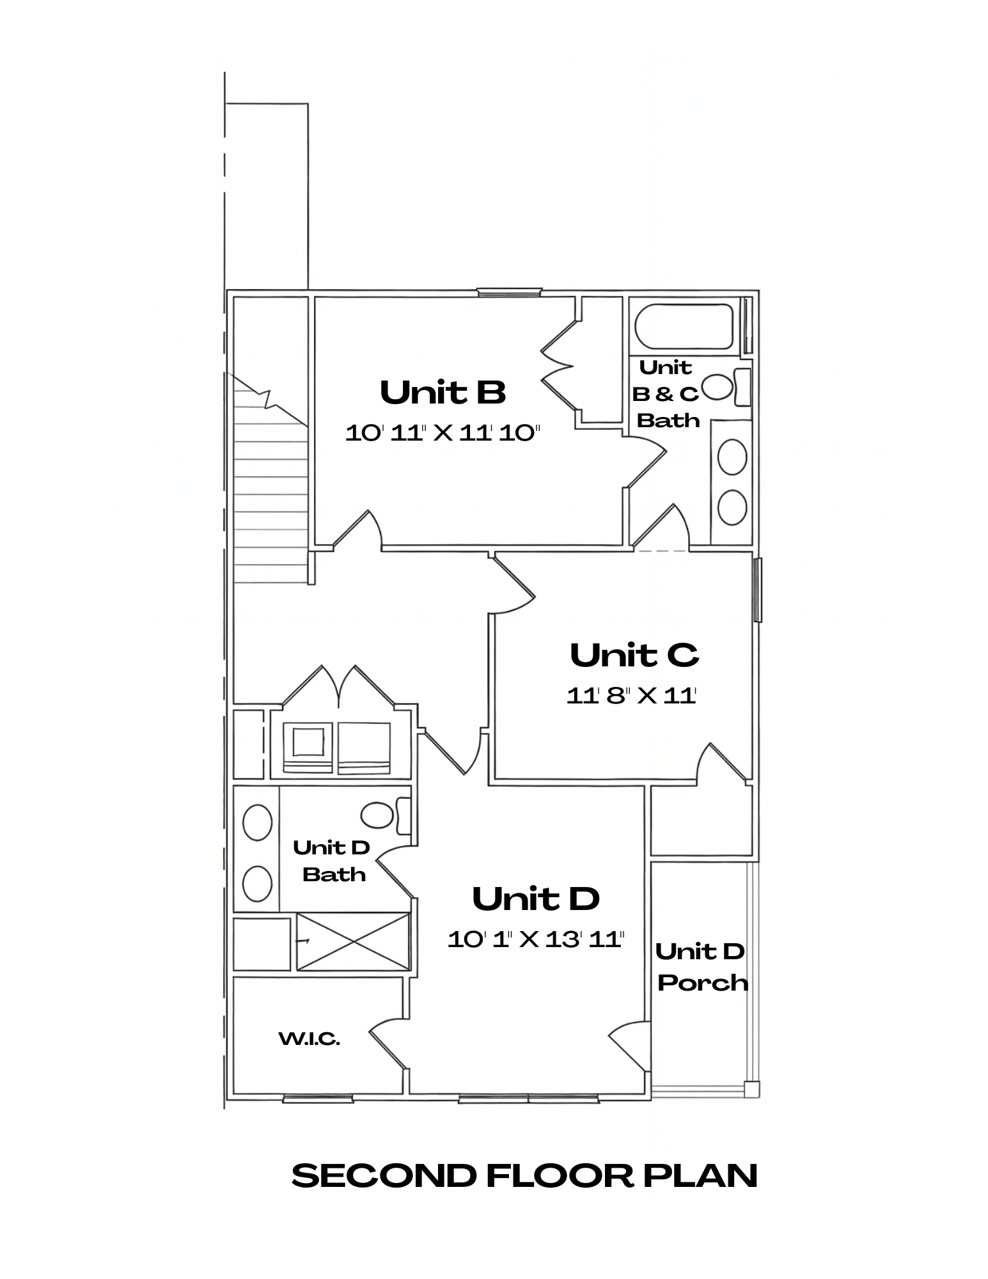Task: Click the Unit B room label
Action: [x=443, y=393]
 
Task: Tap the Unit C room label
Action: [x=634, y=655]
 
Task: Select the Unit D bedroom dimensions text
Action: [x=535, y=939]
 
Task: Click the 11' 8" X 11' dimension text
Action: [x=631, y=696]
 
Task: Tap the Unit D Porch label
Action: [x=702, y=967]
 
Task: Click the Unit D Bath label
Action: [x=333, y=861]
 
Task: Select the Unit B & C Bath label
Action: [x=666, y=394]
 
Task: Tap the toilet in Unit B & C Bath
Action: [x=726, y=387]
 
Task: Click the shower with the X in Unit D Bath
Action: [x=353, y=941]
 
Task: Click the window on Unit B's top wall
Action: [x=509, y=292]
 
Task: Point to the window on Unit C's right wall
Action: [x=757, y=590]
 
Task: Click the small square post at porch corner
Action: [x=751, y=1088]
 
